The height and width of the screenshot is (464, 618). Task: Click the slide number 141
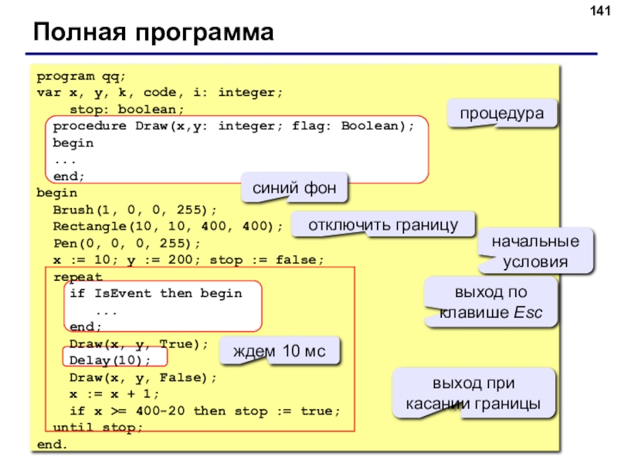tap(600, 11)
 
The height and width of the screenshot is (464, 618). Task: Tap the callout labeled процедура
tap(501, 113)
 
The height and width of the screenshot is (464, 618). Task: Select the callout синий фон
tap(294, 188)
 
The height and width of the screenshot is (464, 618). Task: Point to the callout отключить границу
tap(383, 224)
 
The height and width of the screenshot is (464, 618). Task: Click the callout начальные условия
tap(535, 251)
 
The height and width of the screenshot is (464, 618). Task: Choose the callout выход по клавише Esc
tap(491, 302)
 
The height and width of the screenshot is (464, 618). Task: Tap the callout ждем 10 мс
tap(279, 351)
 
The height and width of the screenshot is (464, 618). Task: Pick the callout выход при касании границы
tap(474, 394)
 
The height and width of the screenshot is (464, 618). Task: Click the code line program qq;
tap(81, 77)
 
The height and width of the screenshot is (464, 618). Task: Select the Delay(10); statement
tap(110, 360)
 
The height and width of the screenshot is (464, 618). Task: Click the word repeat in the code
tap(78, 277)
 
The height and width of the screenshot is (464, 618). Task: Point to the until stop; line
tap(98, 428)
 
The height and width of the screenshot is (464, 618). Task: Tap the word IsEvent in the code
tap(123, 294)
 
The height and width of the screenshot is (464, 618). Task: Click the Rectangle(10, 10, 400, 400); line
tap(168, 227)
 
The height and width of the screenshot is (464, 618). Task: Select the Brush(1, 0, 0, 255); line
tap(134, 210)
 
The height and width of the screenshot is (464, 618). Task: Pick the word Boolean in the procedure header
tap(370, 126)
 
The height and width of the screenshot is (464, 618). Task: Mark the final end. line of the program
tap(52, 444)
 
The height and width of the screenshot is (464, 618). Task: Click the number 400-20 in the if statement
tap(161, 411)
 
